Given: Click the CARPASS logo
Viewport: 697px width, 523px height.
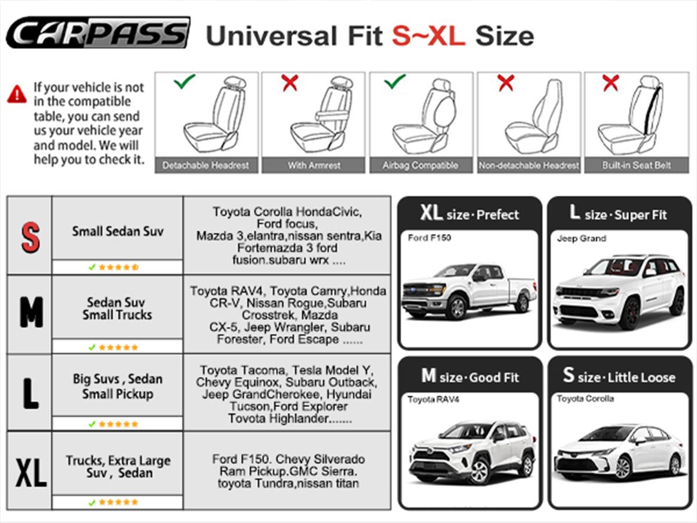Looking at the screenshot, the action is [98, 33].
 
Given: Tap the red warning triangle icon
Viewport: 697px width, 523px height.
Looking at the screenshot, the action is [17, 94].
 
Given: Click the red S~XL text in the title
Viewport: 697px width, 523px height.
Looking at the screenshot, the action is [429, 36].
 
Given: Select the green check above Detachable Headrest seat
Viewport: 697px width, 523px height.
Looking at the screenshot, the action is [184, 81].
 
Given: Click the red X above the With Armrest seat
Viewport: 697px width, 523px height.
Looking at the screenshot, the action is [290, 83].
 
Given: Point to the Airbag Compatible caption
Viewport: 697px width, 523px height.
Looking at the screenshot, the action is [420, 165].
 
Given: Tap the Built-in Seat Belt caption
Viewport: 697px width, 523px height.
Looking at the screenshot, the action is [637, 165].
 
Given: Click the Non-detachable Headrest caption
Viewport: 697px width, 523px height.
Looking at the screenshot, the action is [529, 165].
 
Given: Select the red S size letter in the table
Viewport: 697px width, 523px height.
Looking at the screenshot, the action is [30, 238].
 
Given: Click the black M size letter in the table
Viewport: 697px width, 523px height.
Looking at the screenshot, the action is [31, 312].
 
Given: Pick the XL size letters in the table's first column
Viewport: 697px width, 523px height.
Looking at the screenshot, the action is [31, 473].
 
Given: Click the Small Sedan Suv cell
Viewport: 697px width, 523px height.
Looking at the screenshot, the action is [117, 231].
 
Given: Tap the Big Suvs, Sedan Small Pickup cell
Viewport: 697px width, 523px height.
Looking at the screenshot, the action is [117, 386].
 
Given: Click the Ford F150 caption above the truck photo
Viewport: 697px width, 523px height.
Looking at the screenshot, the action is [429, 238].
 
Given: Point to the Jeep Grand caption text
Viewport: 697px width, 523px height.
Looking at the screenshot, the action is [581, 238].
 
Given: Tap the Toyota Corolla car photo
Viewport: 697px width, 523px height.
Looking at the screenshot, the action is [619, 452].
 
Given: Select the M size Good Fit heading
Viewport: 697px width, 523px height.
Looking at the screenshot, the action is [470, 377].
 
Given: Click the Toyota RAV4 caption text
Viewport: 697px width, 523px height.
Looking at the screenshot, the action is [433, 399].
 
